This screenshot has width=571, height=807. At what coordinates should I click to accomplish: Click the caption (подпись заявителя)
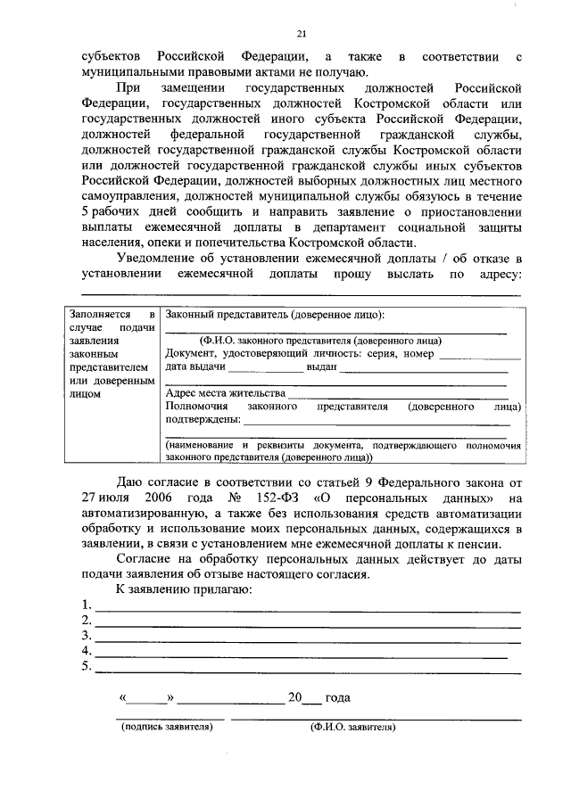(168, 727)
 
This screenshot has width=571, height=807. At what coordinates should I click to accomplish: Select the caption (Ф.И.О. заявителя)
(353, 727)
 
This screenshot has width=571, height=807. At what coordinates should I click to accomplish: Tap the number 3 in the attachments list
(85, 637)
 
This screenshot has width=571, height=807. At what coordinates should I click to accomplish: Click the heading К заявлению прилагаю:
(178, 590)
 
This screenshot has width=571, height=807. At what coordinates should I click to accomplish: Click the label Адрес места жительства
(226, 392)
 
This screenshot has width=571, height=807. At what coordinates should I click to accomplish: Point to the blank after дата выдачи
(266, 367)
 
